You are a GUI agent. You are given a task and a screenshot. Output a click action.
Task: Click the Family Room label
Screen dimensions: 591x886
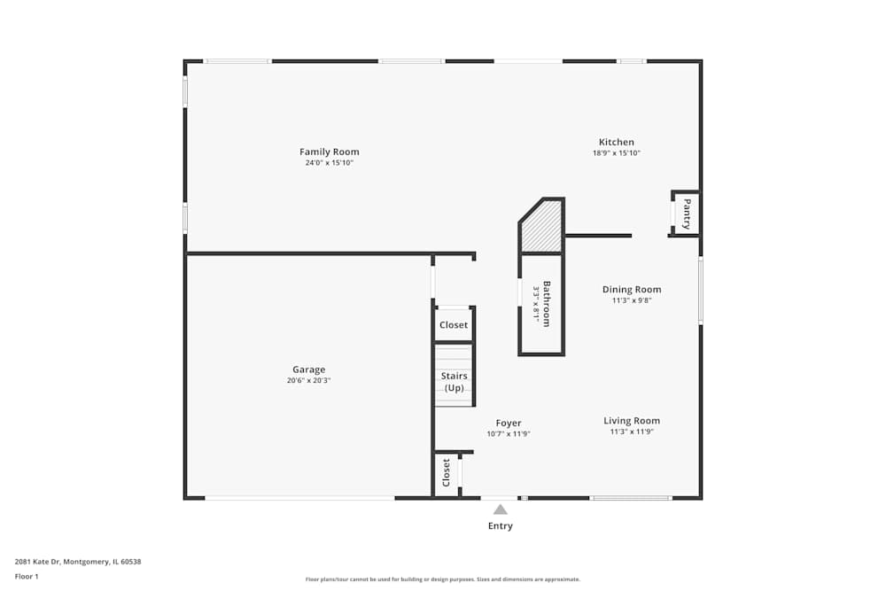329,152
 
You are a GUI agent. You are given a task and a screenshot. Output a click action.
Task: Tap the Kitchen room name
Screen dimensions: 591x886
616,142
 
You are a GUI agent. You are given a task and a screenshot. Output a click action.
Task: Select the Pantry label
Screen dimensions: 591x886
687,214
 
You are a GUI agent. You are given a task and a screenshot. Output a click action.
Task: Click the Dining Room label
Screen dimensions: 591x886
631,290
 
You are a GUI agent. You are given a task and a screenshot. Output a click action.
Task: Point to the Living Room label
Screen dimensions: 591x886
631,421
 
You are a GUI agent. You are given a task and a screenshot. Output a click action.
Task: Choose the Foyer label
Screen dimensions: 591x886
508,424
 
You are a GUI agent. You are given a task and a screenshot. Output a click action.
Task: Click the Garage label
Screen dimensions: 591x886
308,369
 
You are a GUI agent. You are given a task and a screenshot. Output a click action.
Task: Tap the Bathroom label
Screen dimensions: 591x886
547,304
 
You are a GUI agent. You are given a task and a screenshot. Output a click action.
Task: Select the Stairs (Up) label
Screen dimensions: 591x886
454,382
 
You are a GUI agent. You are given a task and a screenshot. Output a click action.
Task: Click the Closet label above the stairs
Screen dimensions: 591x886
454,325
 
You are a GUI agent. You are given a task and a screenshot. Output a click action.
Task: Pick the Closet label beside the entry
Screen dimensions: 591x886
446,473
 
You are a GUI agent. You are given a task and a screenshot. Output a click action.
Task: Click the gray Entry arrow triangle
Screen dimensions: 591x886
500,509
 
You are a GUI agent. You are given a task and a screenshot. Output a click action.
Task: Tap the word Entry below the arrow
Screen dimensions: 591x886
500,526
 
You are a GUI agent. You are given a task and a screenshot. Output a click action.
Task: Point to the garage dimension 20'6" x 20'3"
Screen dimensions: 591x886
308,381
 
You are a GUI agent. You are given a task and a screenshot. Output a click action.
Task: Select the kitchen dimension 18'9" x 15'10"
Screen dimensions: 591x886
616,153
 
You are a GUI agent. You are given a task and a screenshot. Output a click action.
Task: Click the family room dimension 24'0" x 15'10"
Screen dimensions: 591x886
329,163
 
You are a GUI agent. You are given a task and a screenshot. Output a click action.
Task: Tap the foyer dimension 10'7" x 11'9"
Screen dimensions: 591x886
508,434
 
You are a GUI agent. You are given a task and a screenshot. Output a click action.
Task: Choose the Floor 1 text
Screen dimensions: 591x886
27,577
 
